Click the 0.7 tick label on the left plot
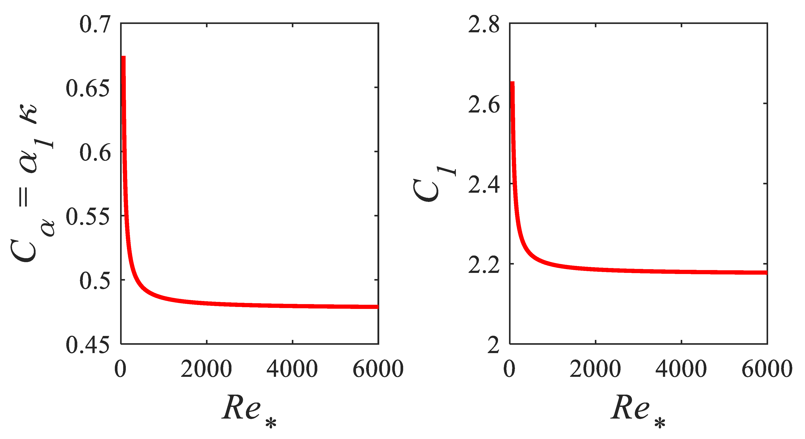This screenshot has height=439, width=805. point(95,24)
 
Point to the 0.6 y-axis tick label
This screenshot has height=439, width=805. point(95,153)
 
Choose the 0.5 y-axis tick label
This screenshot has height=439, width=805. point(95,281)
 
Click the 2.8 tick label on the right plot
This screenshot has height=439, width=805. point(484,24)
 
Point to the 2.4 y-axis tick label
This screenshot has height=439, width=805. point(484,185)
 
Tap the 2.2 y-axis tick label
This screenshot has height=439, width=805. point(484,265)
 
